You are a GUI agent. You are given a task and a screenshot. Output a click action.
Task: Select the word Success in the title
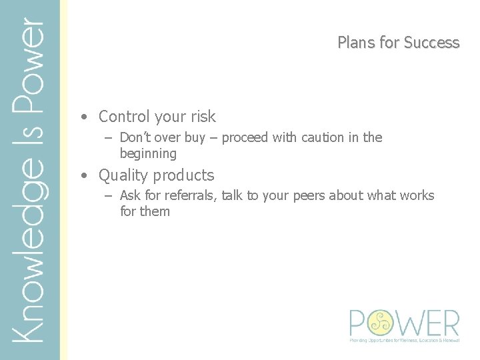[431, 43]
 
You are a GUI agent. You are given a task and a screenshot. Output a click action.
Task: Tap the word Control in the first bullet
[124, 117]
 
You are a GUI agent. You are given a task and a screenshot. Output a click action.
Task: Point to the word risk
[203, 117]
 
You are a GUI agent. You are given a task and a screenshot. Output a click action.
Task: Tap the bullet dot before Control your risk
[83, 117]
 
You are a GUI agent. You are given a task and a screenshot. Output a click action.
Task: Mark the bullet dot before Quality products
[83, 176]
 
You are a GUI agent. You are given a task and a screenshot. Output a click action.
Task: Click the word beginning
[148, 154]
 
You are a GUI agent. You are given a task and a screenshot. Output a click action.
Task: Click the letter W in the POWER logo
[407, 323]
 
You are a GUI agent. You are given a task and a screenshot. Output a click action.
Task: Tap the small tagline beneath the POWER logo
[405, 340]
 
